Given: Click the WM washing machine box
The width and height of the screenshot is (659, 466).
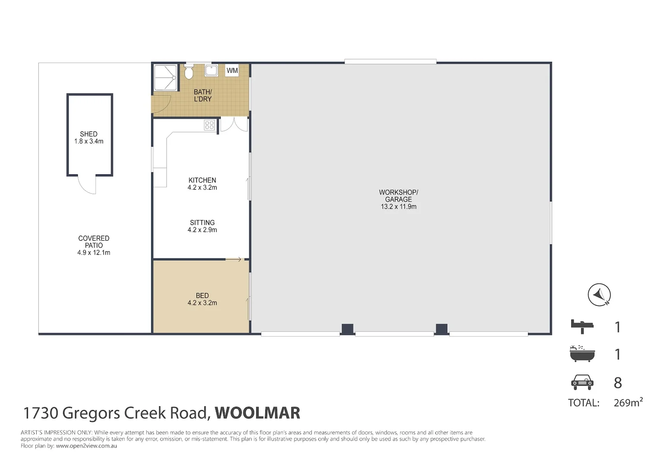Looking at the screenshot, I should [232, 71].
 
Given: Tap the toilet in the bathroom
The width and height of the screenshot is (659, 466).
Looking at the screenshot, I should [188, 72].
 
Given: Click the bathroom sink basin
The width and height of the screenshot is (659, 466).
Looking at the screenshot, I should [211, 70].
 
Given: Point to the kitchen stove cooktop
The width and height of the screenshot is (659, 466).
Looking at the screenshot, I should [210, 125].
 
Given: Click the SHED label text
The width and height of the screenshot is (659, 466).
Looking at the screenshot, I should [88, 134].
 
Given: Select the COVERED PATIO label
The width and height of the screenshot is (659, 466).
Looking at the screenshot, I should [94, 242].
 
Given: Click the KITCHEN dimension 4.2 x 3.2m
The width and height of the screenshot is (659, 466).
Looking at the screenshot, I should [202, 188].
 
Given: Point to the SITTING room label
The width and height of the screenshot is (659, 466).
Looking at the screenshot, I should [202, 223].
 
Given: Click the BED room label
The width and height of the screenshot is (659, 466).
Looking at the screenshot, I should [202, 296].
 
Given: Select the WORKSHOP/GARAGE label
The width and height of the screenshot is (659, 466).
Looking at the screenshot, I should [399, 196].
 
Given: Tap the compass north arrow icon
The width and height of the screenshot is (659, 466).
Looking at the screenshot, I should [599, 295].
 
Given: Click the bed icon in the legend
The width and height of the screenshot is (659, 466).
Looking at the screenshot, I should [582, 326].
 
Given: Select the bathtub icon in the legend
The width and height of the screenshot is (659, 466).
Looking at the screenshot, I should [582, 354].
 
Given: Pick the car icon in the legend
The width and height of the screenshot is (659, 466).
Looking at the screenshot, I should [582, 382].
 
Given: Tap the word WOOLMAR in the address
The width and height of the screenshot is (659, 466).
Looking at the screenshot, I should [257, 413].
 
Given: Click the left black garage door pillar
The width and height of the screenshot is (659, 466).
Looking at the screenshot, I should [347, 329].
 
